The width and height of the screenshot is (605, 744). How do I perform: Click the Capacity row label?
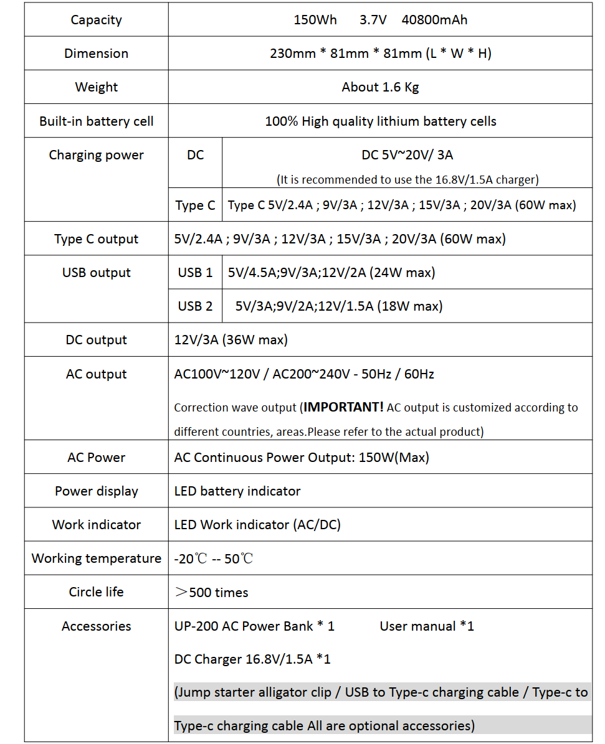coord(96,20)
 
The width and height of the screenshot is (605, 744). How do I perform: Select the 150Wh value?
coord(315,20)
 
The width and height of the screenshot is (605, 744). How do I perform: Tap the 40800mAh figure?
coord(434,20)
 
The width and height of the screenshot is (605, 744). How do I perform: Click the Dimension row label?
coord(96,54)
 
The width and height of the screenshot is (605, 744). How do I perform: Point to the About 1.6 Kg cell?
coord(380,87)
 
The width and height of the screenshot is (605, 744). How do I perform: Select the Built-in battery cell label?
coord(96,121)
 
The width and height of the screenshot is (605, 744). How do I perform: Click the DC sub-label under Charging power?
coord(195,155)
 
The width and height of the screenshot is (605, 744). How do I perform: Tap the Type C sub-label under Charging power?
coord(195,205)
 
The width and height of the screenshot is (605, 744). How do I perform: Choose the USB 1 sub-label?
coord(195,273)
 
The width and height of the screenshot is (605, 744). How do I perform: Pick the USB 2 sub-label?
coord(195,306)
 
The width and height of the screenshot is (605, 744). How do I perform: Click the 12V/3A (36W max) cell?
coord(231,340)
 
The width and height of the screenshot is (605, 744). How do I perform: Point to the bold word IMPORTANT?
coord(344,407)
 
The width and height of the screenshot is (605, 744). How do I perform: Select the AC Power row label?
coord(96,458)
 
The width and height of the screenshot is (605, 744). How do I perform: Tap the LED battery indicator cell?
coord(237,491)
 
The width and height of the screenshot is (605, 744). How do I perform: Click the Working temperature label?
coord(96,558)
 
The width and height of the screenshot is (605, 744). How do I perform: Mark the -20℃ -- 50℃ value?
coord(214,559)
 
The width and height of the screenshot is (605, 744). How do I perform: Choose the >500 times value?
coord(212,593)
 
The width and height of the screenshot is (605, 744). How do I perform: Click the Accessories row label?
coord(96,626)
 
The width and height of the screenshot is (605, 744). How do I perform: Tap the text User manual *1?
coord(427,626)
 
